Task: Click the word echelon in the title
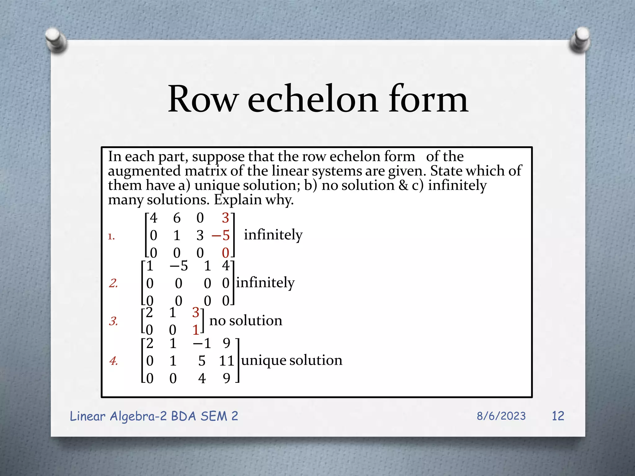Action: point(313,99)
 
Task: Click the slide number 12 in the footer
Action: point(558,416)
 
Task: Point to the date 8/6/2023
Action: point(501,416)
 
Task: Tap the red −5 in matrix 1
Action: point(221,236)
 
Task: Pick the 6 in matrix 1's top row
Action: point(177,218)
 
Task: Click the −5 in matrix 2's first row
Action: point(179,266)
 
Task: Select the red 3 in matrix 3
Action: point(196,312)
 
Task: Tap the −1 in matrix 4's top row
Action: point(202,343)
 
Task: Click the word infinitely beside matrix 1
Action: point(273,235)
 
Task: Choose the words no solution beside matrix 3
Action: point(246,321)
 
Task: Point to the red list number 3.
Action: point(113,321)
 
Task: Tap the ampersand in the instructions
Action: point(403,185)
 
